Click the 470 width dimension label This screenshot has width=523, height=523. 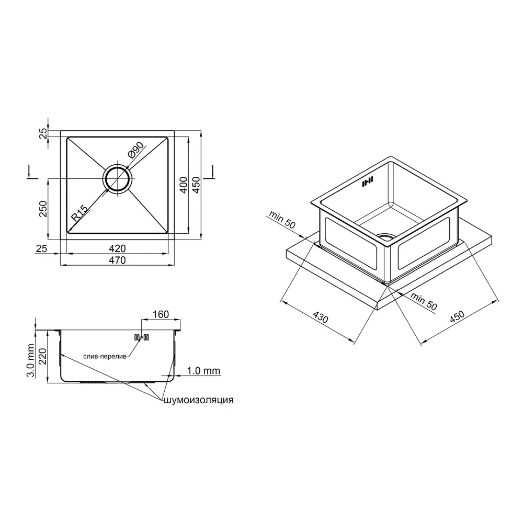point(117,260)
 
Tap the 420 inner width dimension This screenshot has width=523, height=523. point(117,248)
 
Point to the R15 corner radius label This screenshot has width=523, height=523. point(79,213)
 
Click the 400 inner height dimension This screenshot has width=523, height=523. point(184,185)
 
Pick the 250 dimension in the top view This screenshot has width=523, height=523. point(43,209)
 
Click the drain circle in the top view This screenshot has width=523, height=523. point(117,179)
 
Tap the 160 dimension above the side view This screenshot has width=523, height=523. point(161,314)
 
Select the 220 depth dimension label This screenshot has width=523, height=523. point(42,357)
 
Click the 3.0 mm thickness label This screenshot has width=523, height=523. point(31,360)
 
